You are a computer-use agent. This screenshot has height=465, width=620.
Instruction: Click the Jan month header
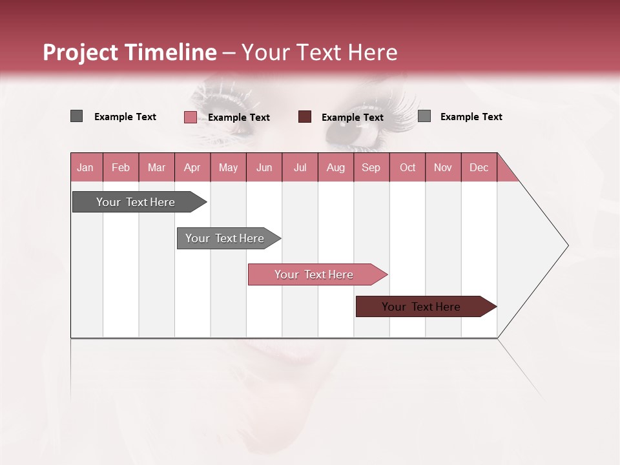tap(86, 167)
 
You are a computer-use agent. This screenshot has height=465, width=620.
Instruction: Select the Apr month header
tap(192, 167)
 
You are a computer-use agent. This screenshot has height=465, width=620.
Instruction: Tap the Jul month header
tap(300, 167)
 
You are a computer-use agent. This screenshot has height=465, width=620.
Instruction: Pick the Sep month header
tap(371, 167)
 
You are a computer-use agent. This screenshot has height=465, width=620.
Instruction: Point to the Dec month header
tap(479, 167)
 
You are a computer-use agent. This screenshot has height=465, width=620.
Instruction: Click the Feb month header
tap(121, 167)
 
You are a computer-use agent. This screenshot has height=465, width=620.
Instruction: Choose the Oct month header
tap(408, 167)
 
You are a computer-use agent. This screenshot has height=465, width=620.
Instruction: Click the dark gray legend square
tap(76, 116)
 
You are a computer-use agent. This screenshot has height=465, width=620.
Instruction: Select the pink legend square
tap(190, 117)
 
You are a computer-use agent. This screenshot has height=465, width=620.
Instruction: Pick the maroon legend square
tap(305, 117)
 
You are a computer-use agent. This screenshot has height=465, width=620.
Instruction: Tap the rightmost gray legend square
tap(424, 116)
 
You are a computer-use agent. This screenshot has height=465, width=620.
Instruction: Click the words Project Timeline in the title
tap(129, 52)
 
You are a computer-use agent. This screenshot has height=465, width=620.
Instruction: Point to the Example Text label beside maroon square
tap(352, 118)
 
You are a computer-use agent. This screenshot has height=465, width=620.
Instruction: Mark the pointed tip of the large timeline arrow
tap(567, 245)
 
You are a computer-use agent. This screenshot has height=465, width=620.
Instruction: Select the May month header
tap(228, 167)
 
